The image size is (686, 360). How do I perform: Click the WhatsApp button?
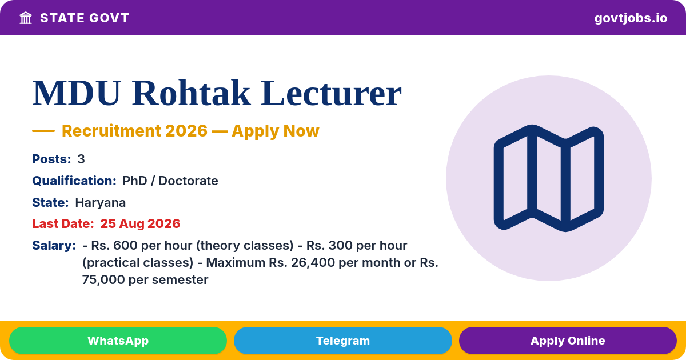point(118,341)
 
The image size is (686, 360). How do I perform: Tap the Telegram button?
point(342,341)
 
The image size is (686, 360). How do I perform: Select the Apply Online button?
point(568,341)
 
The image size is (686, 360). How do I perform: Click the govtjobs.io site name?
point(631,18)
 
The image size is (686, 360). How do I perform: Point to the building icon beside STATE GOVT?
point(26,18)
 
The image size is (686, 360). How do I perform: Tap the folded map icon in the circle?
point(548,178)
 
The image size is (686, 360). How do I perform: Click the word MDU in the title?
point(77,93)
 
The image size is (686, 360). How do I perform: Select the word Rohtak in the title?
point(191,93)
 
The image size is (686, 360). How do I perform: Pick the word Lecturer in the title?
point(331,93)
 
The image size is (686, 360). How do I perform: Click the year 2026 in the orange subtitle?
point(186,131)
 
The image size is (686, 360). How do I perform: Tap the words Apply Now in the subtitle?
point(276,131)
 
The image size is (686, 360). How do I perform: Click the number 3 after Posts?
point(81,159)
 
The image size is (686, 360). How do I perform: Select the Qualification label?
point(74,181)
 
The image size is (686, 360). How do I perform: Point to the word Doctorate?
point(188,181)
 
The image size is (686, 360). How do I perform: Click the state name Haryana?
point(101,203)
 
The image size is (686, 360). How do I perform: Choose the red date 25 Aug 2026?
point(140,223)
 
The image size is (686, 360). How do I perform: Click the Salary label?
point(54,246)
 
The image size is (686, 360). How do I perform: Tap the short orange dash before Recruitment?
point(43,131)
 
